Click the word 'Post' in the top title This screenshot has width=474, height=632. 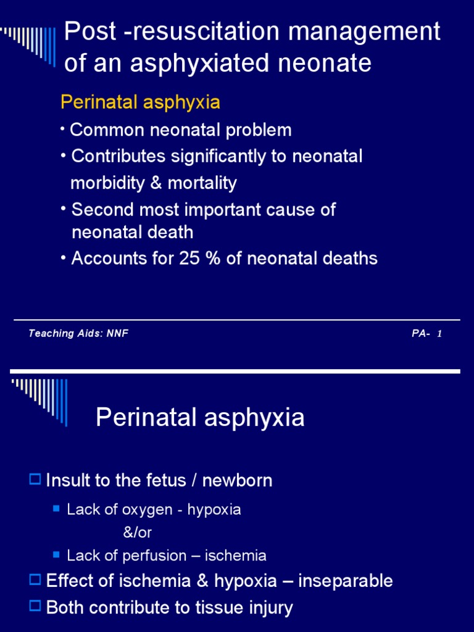tap(90, 31)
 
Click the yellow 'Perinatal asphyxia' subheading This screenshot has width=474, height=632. tap(140, 102)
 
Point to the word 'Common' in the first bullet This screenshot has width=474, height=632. tap(107, 130)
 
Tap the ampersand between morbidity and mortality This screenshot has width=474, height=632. tap(156, 183)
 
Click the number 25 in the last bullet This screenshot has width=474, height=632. tap(189, 259)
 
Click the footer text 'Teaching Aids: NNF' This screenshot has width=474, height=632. tap(78, 333)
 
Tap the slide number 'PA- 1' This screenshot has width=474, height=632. tap(427, 334)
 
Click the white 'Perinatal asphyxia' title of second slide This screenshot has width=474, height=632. tap(200, 418)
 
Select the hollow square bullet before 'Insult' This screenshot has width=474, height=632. tap(35, 479)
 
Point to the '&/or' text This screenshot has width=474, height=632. tap(138, 533)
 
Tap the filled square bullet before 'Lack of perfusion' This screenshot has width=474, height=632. tap(56, 555)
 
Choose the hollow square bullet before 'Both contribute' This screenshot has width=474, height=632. tap(35, 606)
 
